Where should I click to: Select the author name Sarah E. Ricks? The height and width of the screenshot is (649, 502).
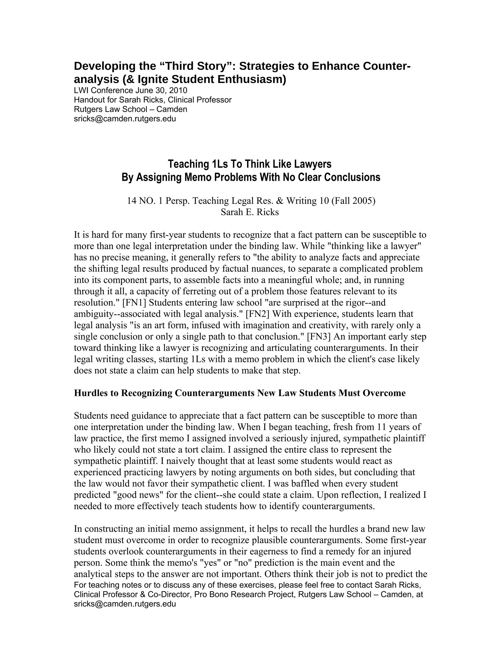pyautogui.click(x=250, y=212)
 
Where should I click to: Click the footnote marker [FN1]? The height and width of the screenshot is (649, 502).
pyautogui.click(x=134, y=303)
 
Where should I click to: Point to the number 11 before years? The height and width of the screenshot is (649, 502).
pyautogui.click(x=381, y=427)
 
